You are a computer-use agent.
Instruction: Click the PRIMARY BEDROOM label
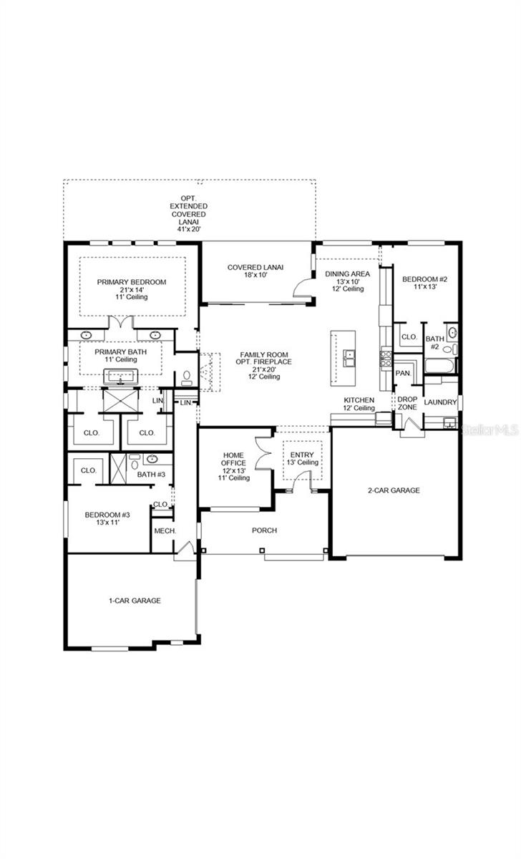coord(132,282)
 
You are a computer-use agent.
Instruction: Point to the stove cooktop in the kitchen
coord(386,358)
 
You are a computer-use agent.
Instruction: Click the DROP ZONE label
coord(407,403)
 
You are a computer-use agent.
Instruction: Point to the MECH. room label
coord(165,530)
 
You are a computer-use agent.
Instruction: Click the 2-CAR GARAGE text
coord(394,490)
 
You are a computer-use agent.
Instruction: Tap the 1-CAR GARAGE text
coord(130,601)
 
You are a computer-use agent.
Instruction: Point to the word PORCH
coord(264,530)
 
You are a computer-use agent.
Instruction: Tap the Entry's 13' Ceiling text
coord(302,462)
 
